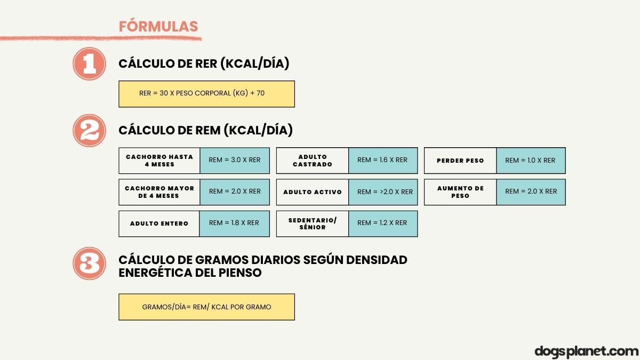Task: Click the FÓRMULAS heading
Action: click(158, 27)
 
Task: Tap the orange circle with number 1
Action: click(90, 64)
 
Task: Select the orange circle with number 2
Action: click(90, 131)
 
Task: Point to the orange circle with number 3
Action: click(90, 263)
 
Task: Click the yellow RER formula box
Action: click(206, 94)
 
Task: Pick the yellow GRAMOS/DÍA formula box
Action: click(206, 307)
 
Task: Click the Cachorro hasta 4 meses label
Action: click(159, 161)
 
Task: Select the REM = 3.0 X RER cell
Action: click(235, 161)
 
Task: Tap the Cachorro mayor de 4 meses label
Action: click(159, 192)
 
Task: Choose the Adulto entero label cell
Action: click(159, 223)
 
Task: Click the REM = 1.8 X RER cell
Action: click(234, 223)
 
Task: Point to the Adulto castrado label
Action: click(313, 161)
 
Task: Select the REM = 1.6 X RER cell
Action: click(382, 161)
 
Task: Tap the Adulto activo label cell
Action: click(313, 192)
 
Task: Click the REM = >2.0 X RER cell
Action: click(382, 192)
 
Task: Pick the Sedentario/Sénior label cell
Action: click(313, 223)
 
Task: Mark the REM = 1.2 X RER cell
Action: click(382, 223)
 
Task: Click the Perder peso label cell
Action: click(460, 161)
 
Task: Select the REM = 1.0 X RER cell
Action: click(531, 161)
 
